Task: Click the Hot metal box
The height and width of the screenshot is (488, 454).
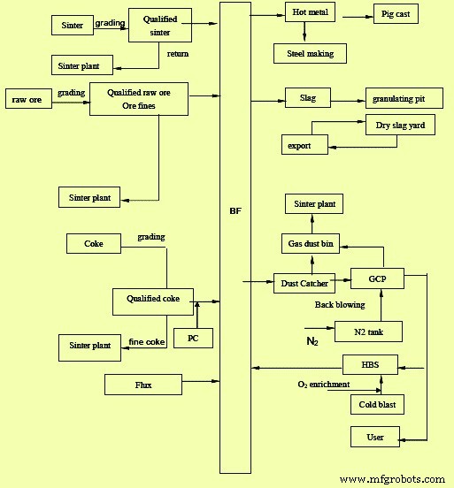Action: pyautogui.click(x=310, y=12)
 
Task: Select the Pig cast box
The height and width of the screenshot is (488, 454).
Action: pyautogui.click(x=396, y=14)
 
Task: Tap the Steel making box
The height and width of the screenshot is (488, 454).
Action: pyautogui.click(x=310, y=54)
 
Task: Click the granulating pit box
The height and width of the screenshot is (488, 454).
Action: pyautogui.click(x=404, y=98)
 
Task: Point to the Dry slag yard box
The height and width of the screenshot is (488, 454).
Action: pyautogui.click(x=400, y=125)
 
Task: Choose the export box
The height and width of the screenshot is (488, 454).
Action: pyautogui.click(x=304, y=145)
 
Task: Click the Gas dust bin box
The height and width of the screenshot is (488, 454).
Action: pyautogui.click(x=311, y=244)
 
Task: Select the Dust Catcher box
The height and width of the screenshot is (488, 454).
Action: pyautogui.click(x=304, y=283)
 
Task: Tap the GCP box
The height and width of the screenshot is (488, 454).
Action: pyautogui.click(x=377, y=278)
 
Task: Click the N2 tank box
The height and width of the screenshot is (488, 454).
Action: pyautogui.click(x=368, y=332)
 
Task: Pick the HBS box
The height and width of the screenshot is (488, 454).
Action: pyautogui.click(x=370, y=364)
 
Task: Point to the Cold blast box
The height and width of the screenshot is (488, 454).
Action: pyautogui.click(x=377, y=405)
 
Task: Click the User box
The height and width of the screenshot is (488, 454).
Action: pyautogui.click(x=375, y=437)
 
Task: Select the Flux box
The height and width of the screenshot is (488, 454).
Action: pyautogui.click(x=143, y=385)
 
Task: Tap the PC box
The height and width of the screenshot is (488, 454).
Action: pyautogui.click(x=193, y=338)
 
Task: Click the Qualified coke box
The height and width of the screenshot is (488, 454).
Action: pyautogui.click(x=153, y=301)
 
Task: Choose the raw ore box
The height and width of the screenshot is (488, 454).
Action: pyautogui.click(x=28, y=99)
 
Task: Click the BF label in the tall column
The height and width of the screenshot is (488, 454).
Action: pyautogui.click(x=235, y=211)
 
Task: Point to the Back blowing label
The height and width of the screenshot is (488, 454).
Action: pyautogui.click(x=340, y=305)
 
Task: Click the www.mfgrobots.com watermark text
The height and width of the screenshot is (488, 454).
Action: pyautogui.click(x=392, y=479)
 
